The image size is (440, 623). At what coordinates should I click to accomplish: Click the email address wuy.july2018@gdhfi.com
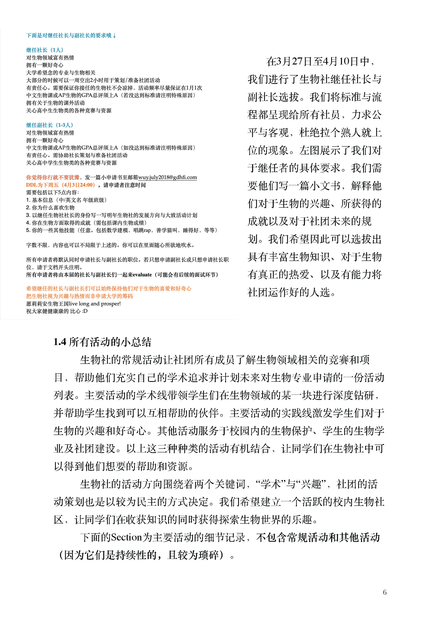167,177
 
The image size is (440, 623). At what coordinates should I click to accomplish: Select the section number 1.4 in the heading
60,342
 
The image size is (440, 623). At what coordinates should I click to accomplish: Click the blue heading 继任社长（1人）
45,50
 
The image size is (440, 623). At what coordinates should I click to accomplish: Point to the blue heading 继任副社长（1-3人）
50,125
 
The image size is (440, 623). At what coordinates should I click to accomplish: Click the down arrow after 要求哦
114,36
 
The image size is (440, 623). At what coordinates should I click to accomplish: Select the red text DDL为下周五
42,185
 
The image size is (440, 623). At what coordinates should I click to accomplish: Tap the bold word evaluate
142,275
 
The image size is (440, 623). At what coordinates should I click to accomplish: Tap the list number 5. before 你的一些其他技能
28,230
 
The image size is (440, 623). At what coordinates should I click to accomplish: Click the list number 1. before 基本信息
28,200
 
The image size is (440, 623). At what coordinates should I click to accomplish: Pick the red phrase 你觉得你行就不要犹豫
53,177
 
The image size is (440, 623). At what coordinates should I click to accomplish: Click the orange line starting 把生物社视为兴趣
79,296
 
